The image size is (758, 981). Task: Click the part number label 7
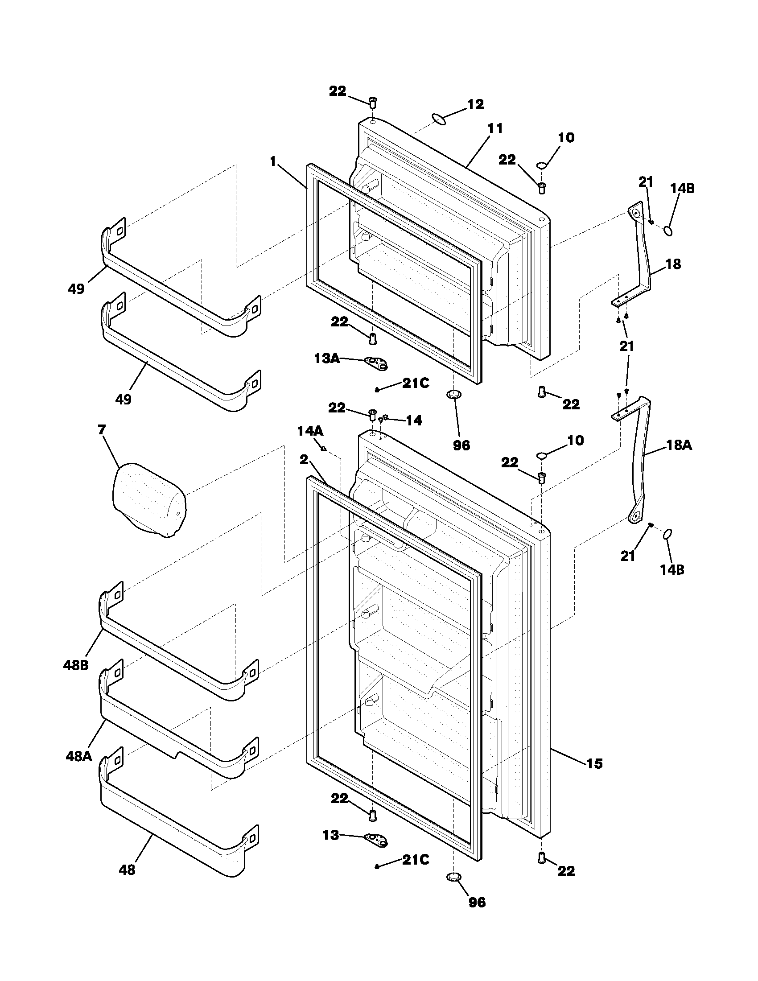click(x=102, y=430)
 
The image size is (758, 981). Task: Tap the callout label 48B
click(x=75, y=665)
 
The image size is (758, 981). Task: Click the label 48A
click(x=78, y=756)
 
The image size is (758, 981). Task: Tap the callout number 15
click(x=594, y=763)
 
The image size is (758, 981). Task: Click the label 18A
click(x=679, y=445)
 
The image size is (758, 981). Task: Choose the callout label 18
click(x=673, y=264)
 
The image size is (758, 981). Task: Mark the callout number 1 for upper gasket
click(x=272, y=162)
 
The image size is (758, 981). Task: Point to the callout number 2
click(x=305, y=459)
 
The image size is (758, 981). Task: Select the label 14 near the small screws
click(x=414, y=420)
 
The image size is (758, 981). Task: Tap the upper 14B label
click(x=682, y=189)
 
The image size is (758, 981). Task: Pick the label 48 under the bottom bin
click(x=127, y=870)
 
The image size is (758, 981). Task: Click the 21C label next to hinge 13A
click(x=416, y=383)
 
